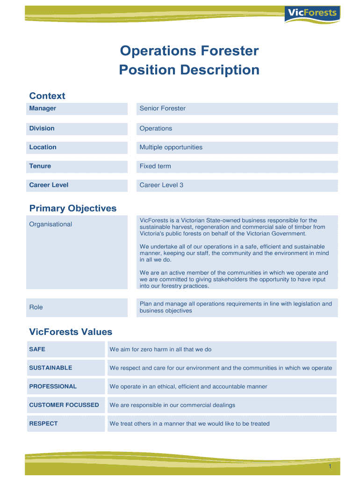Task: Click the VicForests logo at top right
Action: click(x=312, y=13)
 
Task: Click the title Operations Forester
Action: click(x=189, y=51)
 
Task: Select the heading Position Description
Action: click(x=189, y=70)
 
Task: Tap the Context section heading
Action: click(x=47, y=96)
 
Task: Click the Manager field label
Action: click(x=43, y=109)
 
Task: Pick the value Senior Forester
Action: click(x=162, y=109)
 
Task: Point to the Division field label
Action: click(x=42, y=128)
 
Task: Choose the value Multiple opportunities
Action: click(x=171, y=147)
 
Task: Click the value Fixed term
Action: click(x=155, y=166)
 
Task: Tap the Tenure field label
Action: click(x=40, y=166)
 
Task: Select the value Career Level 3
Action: click(x=161, y=185)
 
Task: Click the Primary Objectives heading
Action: click(x=73, y=208)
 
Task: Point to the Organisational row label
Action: click(x=50, y=224)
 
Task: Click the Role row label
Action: click(x=36, y=307)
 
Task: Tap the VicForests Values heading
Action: click(x=71, y=332)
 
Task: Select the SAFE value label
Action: click(x=37, y=349)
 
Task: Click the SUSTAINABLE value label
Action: click(x=50, y=368)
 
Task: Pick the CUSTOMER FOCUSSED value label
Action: click(x=64, y=405)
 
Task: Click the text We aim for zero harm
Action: click(x=160, y=349)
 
